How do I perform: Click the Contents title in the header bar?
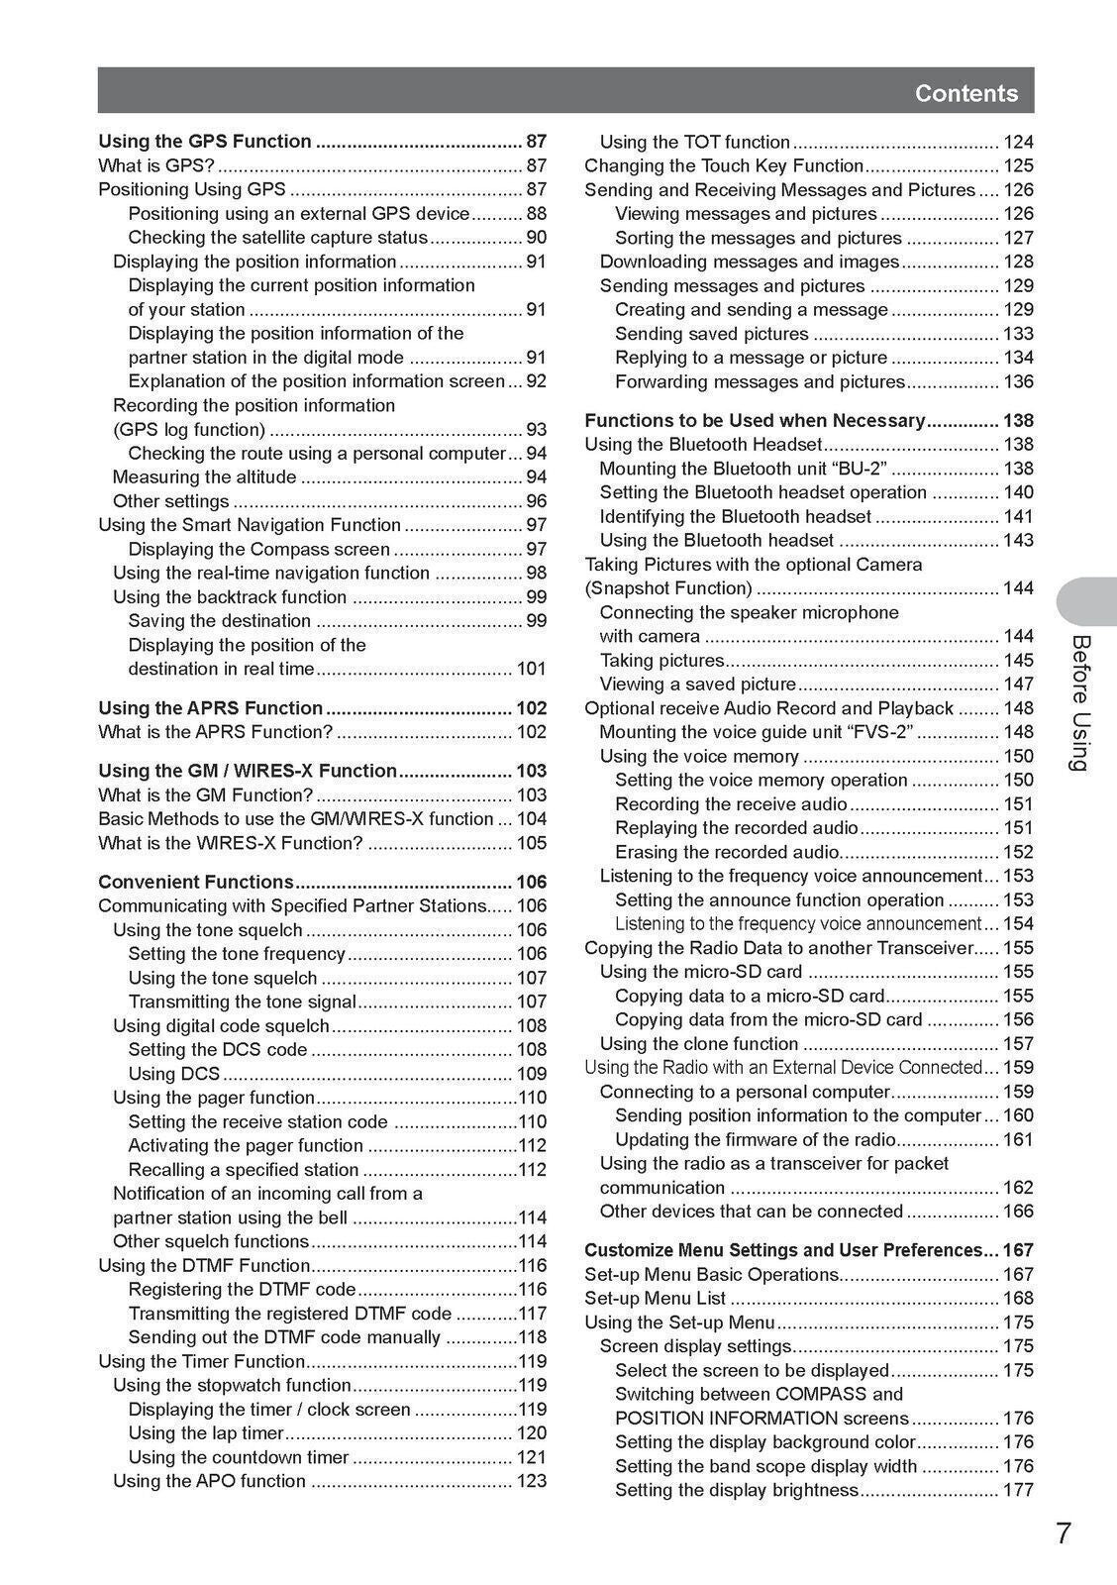[x=965, y=93]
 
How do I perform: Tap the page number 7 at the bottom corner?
[x=1063, y=1533]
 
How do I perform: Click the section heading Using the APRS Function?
[x=210, y=707]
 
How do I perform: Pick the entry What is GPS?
[x=155, y=165]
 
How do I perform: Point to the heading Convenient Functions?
[x=196, y=882]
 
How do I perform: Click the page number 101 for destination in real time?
[x=531, y=669]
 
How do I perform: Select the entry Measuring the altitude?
[x=204, y=477]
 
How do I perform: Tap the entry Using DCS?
[x=174, y=1073]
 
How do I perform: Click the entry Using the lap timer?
[x=206, y=1432]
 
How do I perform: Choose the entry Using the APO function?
[x=209, y=1481]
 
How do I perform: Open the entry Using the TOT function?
[x=695, y=142]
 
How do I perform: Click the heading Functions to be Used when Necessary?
[x=755, y=420]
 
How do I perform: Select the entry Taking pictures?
[x=661, y=660]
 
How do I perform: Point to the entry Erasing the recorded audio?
[x=727, y=852]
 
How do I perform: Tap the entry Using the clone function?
[x=699, y=1043]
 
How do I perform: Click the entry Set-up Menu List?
[x=656, y=1298]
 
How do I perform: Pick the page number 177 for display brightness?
[x=1018, y=1490]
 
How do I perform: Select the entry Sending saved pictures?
[x=711, y=334]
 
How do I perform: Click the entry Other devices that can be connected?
[x=752, y=1211]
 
